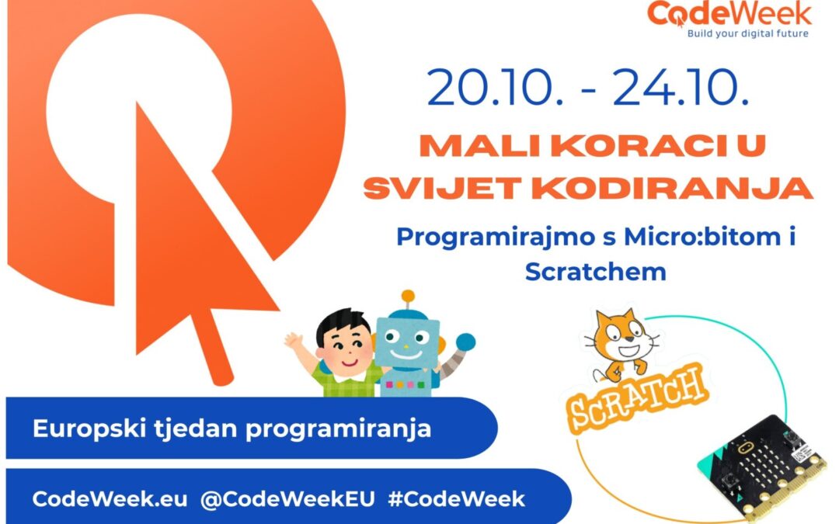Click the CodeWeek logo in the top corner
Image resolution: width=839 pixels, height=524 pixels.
tap(729, 19)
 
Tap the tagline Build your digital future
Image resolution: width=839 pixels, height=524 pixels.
tap(747, 33)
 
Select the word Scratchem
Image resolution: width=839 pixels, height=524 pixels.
tap(596, 271)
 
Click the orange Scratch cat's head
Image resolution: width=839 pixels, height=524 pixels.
tap(622, 336)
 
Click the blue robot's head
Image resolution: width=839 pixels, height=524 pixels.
tap(407, 342)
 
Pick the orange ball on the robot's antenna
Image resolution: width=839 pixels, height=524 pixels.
tap(409, 297)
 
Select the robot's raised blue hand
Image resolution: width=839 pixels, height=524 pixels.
tap(465, 342)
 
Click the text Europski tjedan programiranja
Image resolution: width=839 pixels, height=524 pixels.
tap(232, 429)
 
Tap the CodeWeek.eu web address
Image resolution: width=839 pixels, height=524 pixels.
tap(110, 499)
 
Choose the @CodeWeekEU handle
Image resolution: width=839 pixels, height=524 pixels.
tap(287, 499)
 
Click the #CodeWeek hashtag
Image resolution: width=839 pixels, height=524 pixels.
tap(457, 499)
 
